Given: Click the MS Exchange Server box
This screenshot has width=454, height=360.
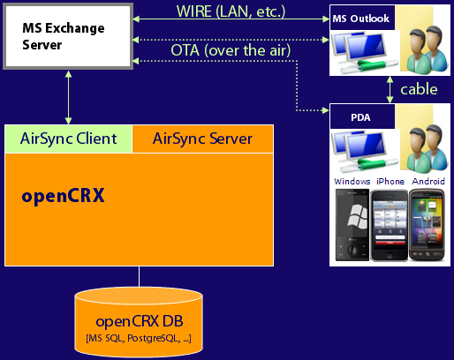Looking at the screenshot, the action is tap(68, 36).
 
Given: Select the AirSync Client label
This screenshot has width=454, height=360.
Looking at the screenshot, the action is tap(68, 139).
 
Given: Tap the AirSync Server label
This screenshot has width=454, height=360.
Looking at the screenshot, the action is tap(202, 139).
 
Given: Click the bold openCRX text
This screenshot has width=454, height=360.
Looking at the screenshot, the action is tap(63, 195).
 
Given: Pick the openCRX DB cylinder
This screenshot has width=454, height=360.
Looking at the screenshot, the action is tap(139, 322).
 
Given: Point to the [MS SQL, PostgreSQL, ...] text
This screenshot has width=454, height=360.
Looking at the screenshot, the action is tap(139, 338).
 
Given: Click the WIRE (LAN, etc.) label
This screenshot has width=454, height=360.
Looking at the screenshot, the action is tap(231, 11).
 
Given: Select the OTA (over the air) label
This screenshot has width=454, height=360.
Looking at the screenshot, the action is tap(231, 50).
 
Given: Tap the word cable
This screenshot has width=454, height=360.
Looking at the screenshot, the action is tap(419, 89).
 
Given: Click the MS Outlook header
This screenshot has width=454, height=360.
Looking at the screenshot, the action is tap(362, 18).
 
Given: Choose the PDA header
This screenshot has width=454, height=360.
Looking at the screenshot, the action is tap(362, 116).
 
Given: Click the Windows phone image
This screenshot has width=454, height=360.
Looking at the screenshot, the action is tap(352, 225).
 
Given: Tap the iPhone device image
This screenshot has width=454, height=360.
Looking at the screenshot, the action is tap(390, 226).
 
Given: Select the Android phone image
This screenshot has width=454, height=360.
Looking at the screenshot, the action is tap(427, 225).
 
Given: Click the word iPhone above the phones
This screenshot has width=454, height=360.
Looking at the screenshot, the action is tap(390, 181).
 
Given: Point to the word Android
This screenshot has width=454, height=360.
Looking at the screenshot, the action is tap(428, 181).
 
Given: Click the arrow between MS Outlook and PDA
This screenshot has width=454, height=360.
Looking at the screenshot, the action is tap(390, 90).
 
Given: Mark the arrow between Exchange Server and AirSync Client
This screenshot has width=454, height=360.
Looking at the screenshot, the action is tap(68, 97).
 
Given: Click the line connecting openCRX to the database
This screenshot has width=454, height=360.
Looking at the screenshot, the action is tap(139, 276).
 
